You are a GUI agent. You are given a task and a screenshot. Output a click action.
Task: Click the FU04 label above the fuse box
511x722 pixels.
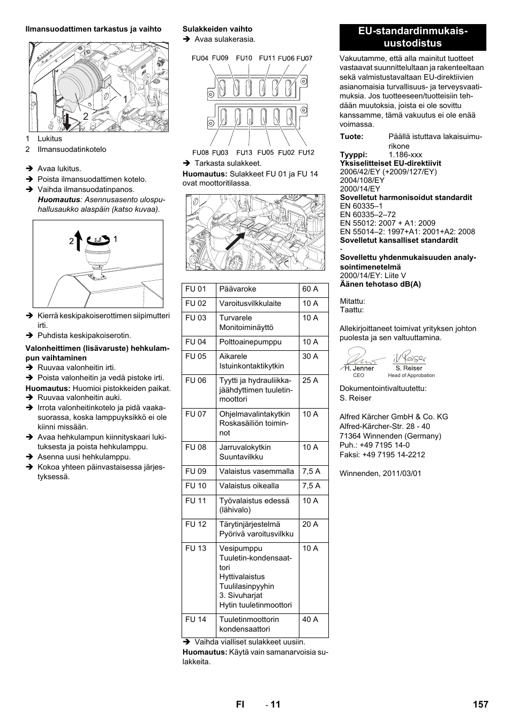[200, 58]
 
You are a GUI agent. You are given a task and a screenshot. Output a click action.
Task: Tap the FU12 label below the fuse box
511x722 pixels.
[306, 152]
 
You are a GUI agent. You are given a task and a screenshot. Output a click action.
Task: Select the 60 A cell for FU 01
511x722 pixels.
[310, 289]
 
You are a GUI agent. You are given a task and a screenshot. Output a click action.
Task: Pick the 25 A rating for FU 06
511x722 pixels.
[310, 381]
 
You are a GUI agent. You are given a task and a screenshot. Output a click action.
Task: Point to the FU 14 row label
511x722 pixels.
[196, 620]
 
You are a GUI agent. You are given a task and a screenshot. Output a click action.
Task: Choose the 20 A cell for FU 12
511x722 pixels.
[310, 525]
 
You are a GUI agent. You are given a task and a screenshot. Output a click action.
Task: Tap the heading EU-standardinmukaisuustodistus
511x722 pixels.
[413, 37]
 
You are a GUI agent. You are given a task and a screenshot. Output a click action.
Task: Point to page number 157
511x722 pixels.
[480, 704]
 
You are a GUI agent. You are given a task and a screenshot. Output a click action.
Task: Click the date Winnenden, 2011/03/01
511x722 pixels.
[380, 474]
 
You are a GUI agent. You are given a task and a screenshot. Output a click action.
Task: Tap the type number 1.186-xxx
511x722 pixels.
[405, 155]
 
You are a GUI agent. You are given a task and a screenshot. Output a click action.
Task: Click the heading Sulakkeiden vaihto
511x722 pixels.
[217, 29]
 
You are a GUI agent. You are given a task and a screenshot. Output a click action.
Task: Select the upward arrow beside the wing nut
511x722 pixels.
[77, 241]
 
